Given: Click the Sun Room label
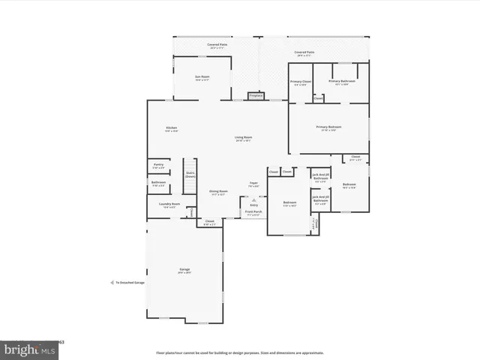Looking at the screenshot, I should [202, 77].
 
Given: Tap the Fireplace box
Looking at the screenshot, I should [256, 95].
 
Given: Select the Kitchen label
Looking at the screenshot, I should [171, 128].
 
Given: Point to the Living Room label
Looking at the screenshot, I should [243, 137].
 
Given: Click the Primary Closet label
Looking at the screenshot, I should [301, 82].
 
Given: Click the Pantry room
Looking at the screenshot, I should [158, 165].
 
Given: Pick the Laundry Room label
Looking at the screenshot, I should [171, 205].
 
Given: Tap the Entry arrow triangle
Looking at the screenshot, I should [253, 200].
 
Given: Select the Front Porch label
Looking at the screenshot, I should [253, 212].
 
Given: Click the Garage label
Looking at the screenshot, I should [184, 269].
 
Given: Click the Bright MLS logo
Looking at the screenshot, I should [30, 349].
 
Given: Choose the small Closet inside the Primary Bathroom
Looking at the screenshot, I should [318, 98].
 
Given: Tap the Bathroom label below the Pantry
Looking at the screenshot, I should [158, 182].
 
